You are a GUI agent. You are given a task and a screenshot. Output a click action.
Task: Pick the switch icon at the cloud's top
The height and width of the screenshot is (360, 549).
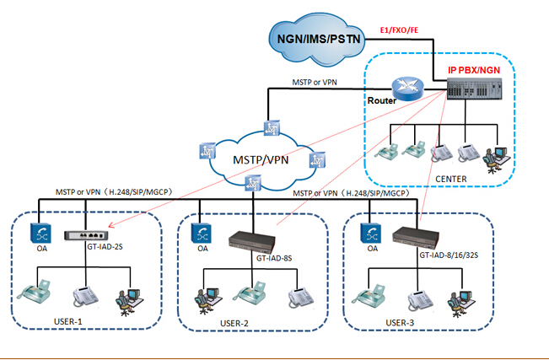click(x=272, y=127)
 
